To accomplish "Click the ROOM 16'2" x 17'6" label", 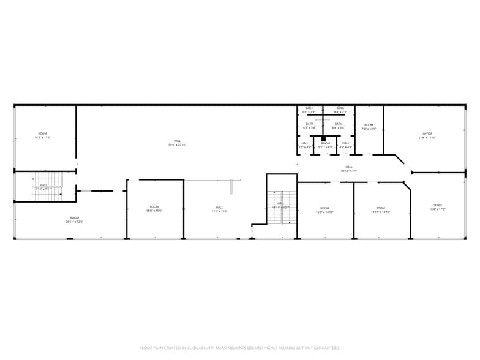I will pos(43,135).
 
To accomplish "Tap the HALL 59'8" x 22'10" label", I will pos(177,143).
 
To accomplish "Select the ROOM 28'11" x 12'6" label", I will pos(74,219).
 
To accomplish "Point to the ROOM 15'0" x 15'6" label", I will pos(154,208).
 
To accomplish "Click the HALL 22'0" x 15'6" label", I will pos(219,209).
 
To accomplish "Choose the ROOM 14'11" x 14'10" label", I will pos(380,209).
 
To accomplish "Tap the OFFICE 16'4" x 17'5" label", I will pos(437,207).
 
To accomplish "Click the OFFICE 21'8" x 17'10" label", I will pos(427,135).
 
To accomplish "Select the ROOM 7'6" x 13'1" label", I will pos(369,127).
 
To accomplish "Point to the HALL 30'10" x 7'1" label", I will pos(349,168).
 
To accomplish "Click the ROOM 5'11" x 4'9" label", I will pos(325,145).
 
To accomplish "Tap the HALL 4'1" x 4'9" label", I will pos(305,145).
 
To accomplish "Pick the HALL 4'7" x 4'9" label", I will pos(346,145).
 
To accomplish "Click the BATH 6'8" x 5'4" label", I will pos(309,126).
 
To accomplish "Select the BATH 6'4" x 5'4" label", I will pos(339,126).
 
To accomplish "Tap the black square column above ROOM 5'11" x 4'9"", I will pos(324,139).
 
